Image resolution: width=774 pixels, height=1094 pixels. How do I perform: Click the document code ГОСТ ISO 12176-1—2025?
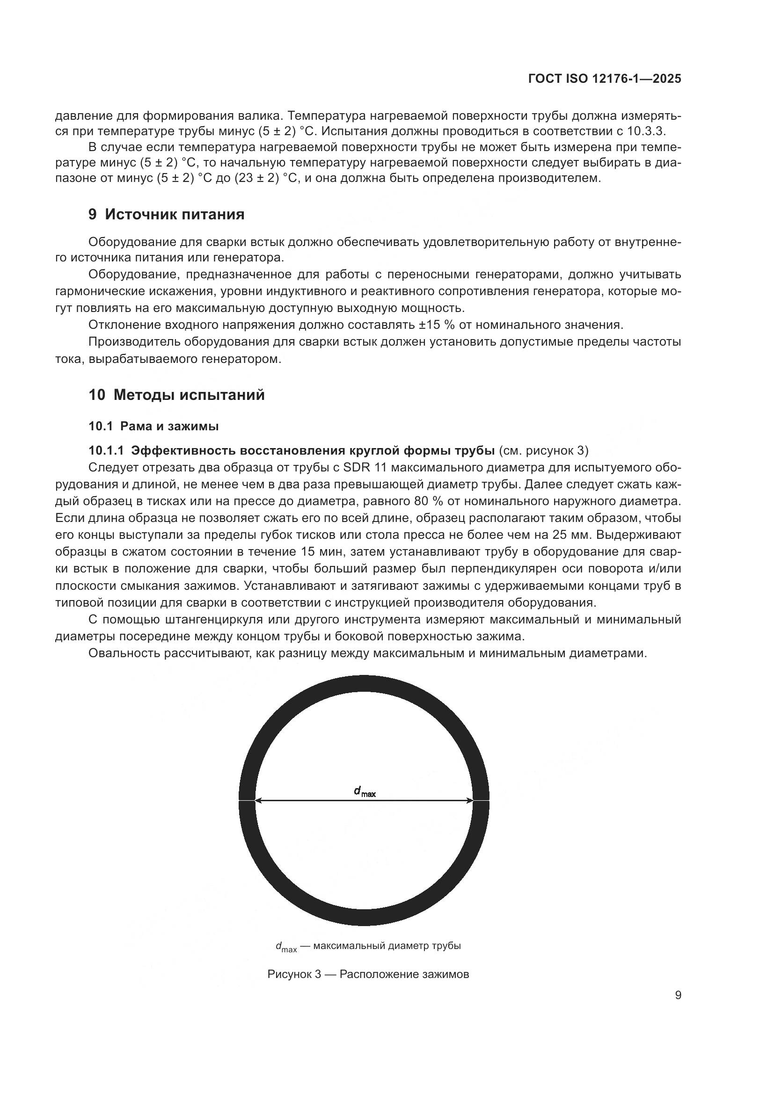point(604,79)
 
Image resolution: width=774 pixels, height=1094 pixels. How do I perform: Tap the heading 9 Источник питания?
point(166,214)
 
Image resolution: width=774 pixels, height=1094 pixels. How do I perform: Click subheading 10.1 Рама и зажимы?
point(153,426)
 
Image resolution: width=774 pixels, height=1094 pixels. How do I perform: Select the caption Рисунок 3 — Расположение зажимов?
point(368,974)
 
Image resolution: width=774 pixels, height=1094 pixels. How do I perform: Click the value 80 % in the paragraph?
point(443,501)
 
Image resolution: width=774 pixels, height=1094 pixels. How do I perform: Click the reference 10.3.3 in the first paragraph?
point(650,130)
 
